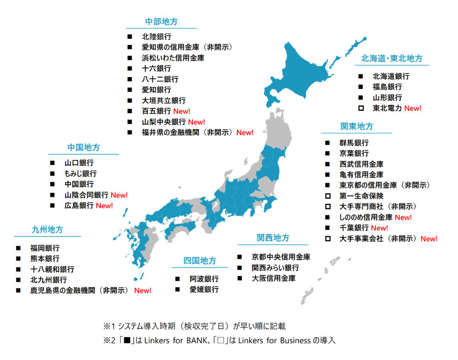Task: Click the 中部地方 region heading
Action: click(161, 22)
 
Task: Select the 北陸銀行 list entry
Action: click(156, 37)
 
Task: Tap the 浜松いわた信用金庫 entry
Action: click(173, 58)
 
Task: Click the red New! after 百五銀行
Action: click(181, 111)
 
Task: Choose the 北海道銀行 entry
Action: click(391, 76)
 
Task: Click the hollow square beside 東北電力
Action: click(361, 109)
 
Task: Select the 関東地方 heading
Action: click(356, 126)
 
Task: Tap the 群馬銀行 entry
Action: click(354, 143)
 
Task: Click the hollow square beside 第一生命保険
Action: click(327, 196)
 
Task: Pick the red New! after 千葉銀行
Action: click(379, 228)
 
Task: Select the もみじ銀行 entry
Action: click(81, 174)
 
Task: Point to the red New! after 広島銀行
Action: click(104, 206)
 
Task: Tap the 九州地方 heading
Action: click(47, 229)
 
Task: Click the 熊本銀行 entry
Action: click(45, 259)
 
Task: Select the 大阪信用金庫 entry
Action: click(273, 278)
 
